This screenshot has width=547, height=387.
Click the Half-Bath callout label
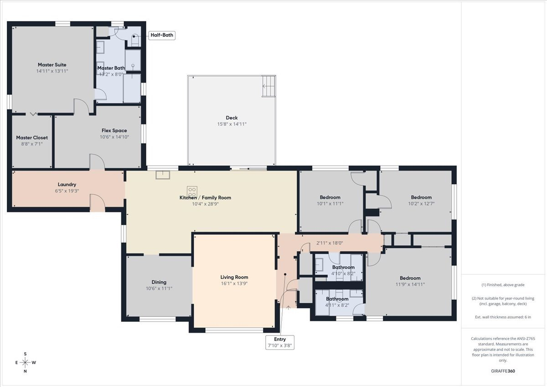pyautogui.click(x=162, y=35)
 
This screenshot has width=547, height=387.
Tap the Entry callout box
pyautogui.click(x=280, y=342)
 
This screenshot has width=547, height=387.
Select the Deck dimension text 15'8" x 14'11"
pyautogui.click(x=232, y=124)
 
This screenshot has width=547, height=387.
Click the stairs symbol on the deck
pyautogui.click(x=268, y=86)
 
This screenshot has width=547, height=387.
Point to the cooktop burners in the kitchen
pyautogui.click(x=192, y=191)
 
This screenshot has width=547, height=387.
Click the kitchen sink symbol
pyautogui.click(x=163, y=175)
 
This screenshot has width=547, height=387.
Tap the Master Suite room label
pyautogui.click(x=52, y=65)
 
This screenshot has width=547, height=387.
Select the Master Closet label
pyautogui.click(x=32, y=138)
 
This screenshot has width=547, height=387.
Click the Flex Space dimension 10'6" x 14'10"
pyautogui.click(x=114, y=137)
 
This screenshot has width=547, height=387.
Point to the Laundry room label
pyautogui.click(x=67, y=184)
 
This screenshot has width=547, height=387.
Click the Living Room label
pyautogui.click(x=234, y=277)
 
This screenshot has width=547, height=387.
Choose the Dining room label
pyautogui.click(x=159, y=282)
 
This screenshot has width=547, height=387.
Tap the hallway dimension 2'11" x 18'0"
pyautogui.click(x=330, y=243)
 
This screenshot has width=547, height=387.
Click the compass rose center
pyautogui.click(x=25, y=362)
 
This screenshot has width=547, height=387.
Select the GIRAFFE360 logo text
pyautogui.click(x=503, y=371)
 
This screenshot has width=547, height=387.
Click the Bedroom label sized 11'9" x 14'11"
pyautogui.click(x=410, y=278)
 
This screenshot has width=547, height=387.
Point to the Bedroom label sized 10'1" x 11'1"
pyautogui.click(x=330, y=197)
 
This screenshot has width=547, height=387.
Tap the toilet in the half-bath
pyautogui.click(x=135, y=40)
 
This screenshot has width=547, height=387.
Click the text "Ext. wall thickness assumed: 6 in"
pyautogui.click(x=503, y=317)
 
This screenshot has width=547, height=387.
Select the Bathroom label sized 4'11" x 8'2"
pyautogui.click(x=337, y=299)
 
